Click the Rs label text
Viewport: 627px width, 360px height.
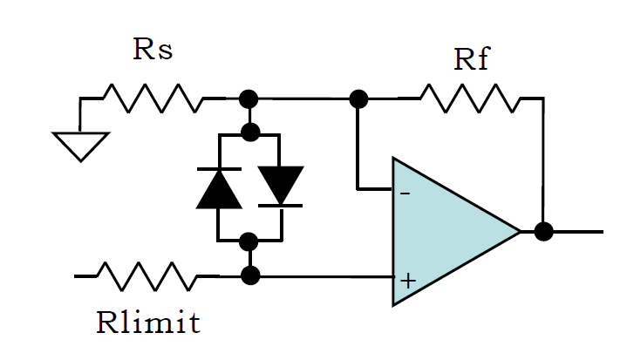click(x=153, y=49)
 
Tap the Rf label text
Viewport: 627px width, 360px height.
click(x=472, y=58)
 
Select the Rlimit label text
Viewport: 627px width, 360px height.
click(x=148, y=322)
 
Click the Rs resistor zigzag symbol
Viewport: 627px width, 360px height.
click(x=153, y=98)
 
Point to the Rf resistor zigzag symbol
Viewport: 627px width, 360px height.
click(x=470, y=98)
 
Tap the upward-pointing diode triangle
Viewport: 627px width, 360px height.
click(x=219, y=188)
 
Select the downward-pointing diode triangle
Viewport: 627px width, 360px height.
click(x=281, y=186)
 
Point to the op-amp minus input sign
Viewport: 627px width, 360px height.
click(x=406, y=194)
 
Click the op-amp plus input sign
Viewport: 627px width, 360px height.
click(x=408, y=281)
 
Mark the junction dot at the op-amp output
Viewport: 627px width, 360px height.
click(x=544, y=231)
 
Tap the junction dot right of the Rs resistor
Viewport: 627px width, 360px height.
click(x=249, y=98)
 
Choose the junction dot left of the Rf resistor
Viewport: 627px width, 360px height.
click(x=358, y=98)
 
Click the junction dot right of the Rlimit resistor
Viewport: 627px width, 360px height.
click(x=251, y=275)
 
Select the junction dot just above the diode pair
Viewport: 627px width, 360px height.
click(x=251, y=132)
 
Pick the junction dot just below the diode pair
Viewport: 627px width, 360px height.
click(x=249, y=241)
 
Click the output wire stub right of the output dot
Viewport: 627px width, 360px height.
click(x=578, y=231)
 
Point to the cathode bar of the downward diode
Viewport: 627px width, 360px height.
click(x=280, y=206)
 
